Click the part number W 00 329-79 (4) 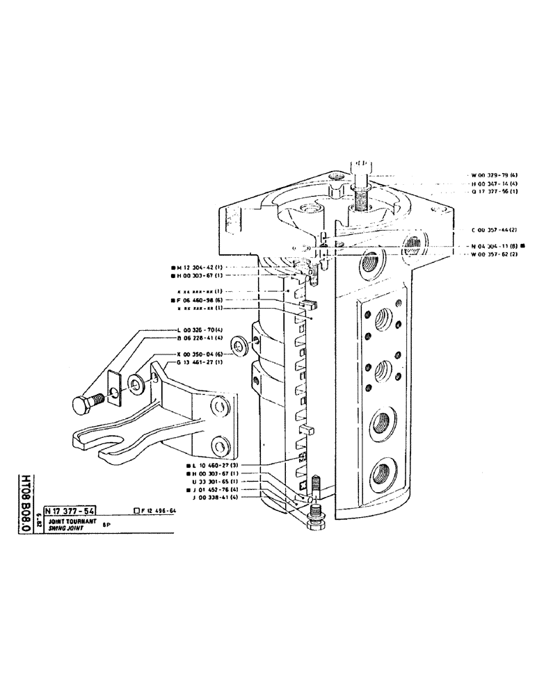(x=494, y=174)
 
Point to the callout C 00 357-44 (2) (x=494, y=229)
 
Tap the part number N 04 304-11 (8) (x=495, y=245)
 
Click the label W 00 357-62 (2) (x=494, y=254)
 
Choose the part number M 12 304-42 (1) (x=200, y=267)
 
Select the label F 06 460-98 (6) (x=200, y=300)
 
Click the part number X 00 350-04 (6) (x=200, y=353)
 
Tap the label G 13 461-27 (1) (x=200, y=362)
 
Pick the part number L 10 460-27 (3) (x=217, y=464)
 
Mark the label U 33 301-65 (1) (x=218, y=481)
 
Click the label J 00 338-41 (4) (x=218, y=498)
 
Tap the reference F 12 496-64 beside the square (x=158, y=510)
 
